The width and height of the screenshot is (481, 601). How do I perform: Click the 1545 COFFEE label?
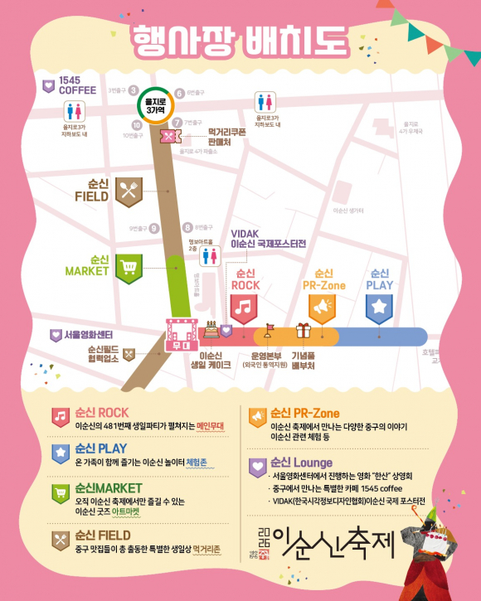coord(78,85)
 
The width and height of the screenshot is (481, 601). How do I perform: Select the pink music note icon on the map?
coord(244,308)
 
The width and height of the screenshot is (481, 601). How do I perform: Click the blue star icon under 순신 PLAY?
coord(380,308)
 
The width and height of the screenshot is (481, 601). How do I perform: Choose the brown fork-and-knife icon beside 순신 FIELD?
coord(129,191)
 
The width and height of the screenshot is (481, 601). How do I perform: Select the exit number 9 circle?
coord(153,229)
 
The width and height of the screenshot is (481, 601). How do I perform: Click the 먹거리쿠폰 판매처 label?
coord(229,136)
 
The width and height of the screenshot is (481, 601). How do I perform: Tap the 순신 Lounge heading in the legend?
coord(302,462)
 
